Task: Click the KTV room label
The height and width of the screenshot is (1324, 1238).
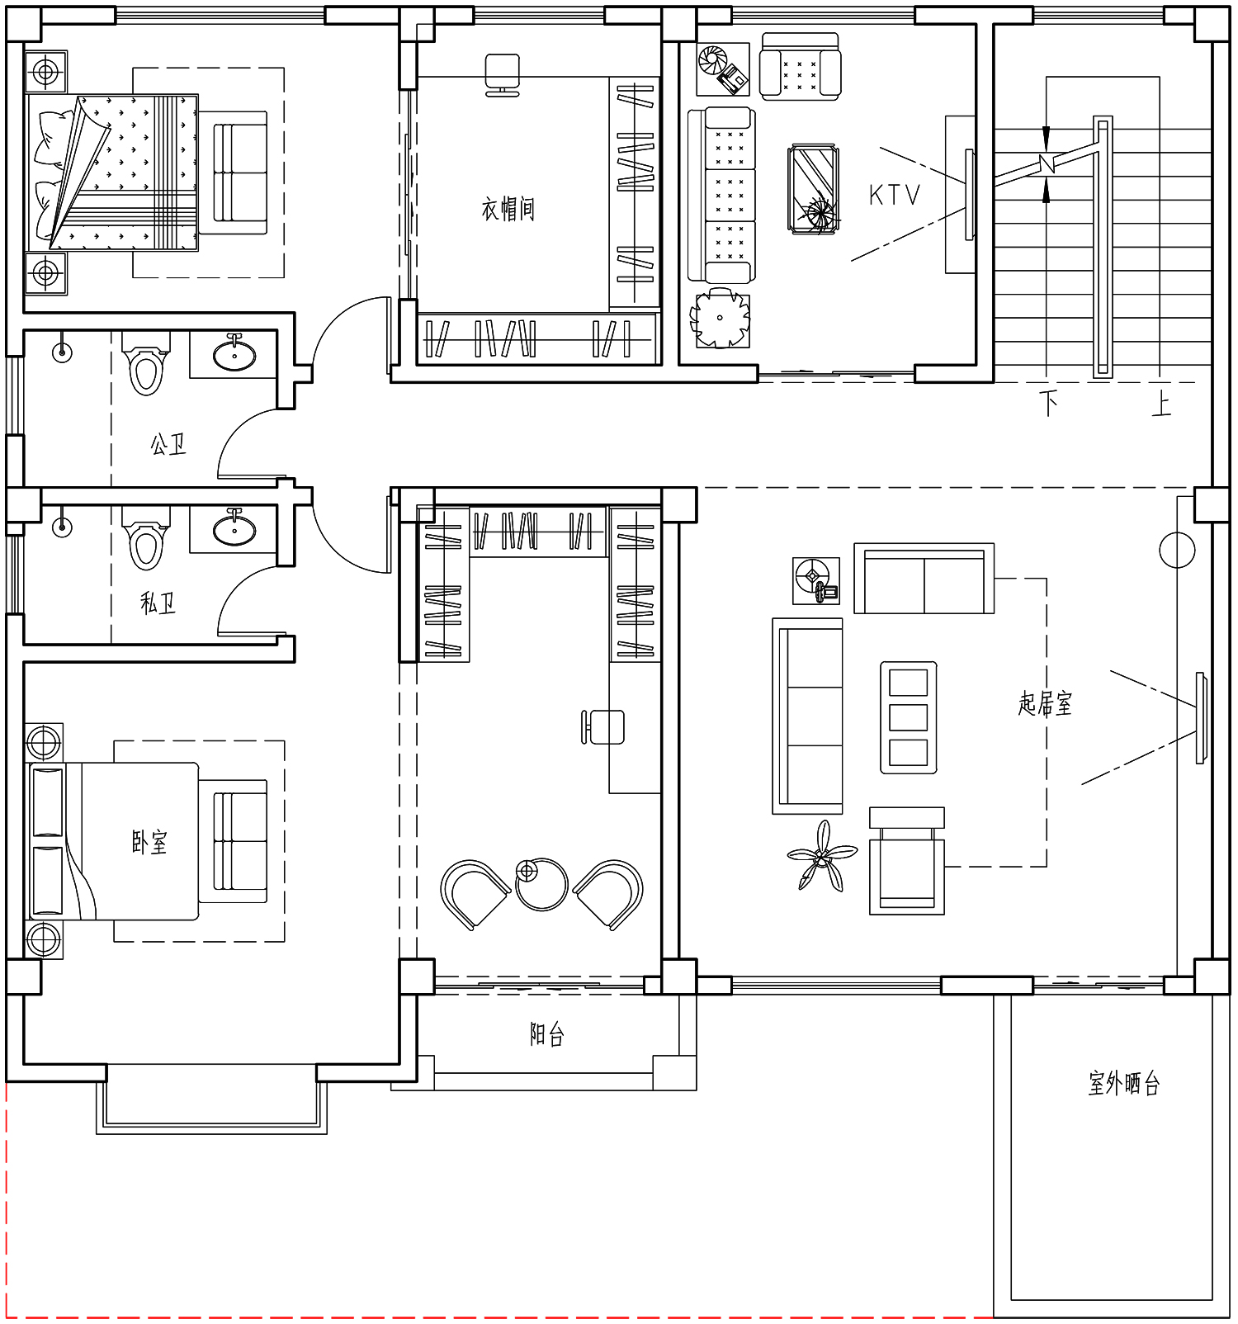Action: [x=894, y=195]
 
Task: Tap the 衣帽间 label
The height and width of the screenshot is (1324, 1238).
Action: [x=508, y=209]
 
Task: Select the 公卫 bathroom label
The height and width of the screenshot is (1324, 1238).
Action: [x=168, y=445]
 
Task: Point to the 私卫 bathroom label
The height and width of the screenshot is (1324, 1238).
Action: [x=158, y=603]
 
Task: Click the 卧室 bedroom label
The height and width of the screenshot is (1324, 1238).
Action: [x=149, y=842]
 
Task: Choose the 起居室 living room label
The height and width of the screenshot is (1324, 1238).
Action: [x=1045, y=703]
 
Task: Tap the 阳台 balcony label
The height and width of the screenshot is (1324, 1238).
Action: [x=546, y=1034]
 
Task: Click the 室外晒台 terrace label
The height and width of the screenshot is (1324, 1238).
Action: [x=1124, y=1083]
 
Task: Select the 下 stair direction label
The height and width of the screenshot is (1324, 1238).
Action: [x=1049, y=403]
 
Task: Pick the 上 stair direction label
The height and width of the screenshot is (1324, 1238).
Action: [x=1161, y=403]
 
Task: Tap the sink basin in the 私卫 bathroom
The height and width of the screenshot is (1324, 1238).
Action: [x=234, y=529]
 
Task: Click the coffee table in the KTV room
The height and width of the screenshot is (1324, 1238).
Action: [x=814, y=189]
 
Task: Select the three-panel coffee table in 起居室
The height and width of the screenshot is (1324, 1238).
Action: [x=909, y=717]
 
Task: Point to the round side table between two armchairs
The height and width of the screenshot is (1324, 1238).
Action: [x=541, y=883]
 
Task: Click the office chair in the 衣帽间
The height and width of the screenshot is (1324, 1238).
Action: [x=503, y=74]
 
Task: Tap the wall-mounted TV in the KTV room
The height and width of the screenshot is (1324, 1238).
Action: [x=969, y=195]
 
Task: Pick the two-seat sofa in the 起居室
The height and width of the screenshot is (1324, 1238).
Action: [x=924, y=579]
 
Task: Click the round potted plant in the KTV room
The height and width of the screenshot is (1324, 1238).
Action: [x=721, y=318]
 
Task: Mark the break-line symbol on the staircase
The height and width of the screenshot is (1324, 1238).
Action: [x=1047, y=164]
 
